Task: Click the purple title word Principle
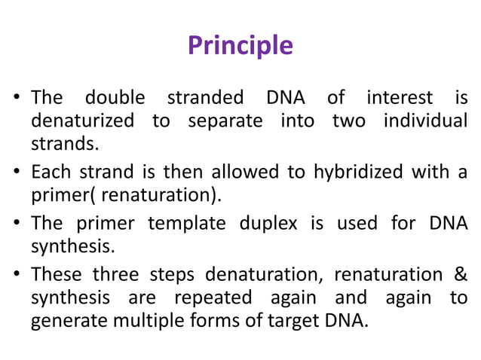[x=240, y=46]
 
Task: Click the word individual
[x=418, y=121]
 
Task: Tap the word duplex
[x=257, y=224]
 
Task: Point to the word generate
[x=65, y=321]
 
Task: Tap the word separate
[x=224, y=121]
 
